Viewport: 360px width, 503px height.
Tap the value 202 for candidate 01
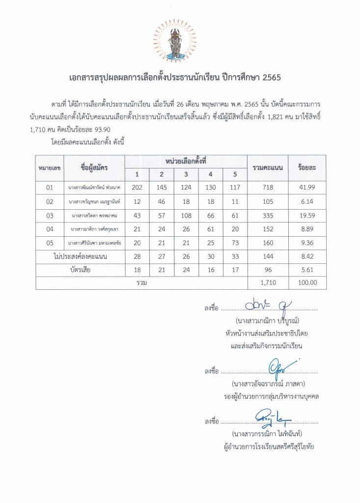137,187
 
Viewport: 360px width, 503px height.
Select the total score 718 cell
267,187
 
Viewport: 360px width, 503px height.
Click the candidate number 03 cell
49,215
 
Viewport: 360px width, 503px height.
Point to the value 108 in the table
186,215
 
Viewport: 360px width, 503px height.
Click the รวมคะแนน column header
267,168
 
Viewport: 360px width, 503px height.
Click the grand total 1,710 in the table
267,283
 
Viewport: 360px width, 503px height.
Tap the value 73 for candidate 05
234,243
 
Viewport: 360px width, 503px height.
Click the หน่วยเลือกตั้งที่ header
185,161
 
